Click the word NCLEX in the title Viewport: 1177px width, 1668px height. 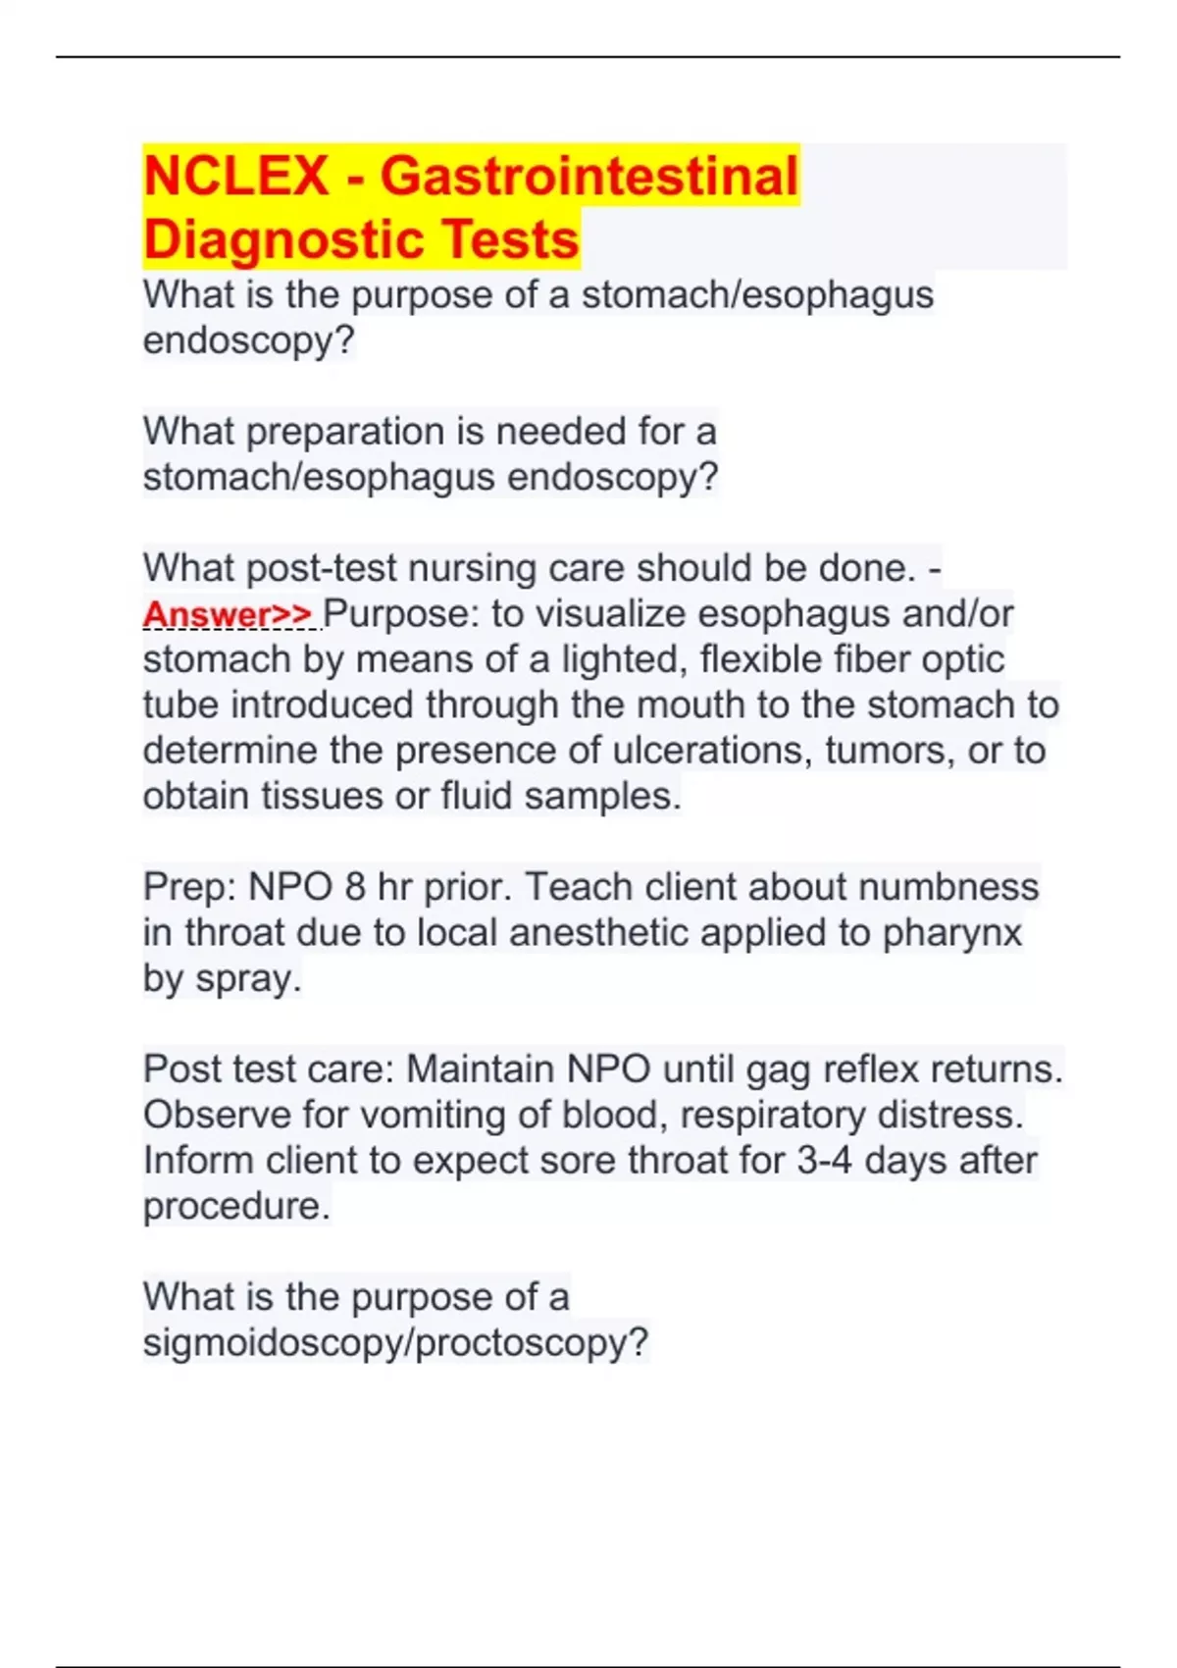tap(235, 177)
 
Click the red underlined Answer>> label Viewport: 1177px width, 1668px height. tap(228, 614)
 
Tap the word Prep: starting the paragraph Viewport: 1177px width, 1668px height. tap(188, 887)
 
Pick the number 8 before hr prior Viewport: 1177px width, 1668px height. tap(354, 887)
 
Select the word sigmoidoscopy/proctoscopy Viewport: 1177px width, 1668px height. tap(395, 1342)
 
